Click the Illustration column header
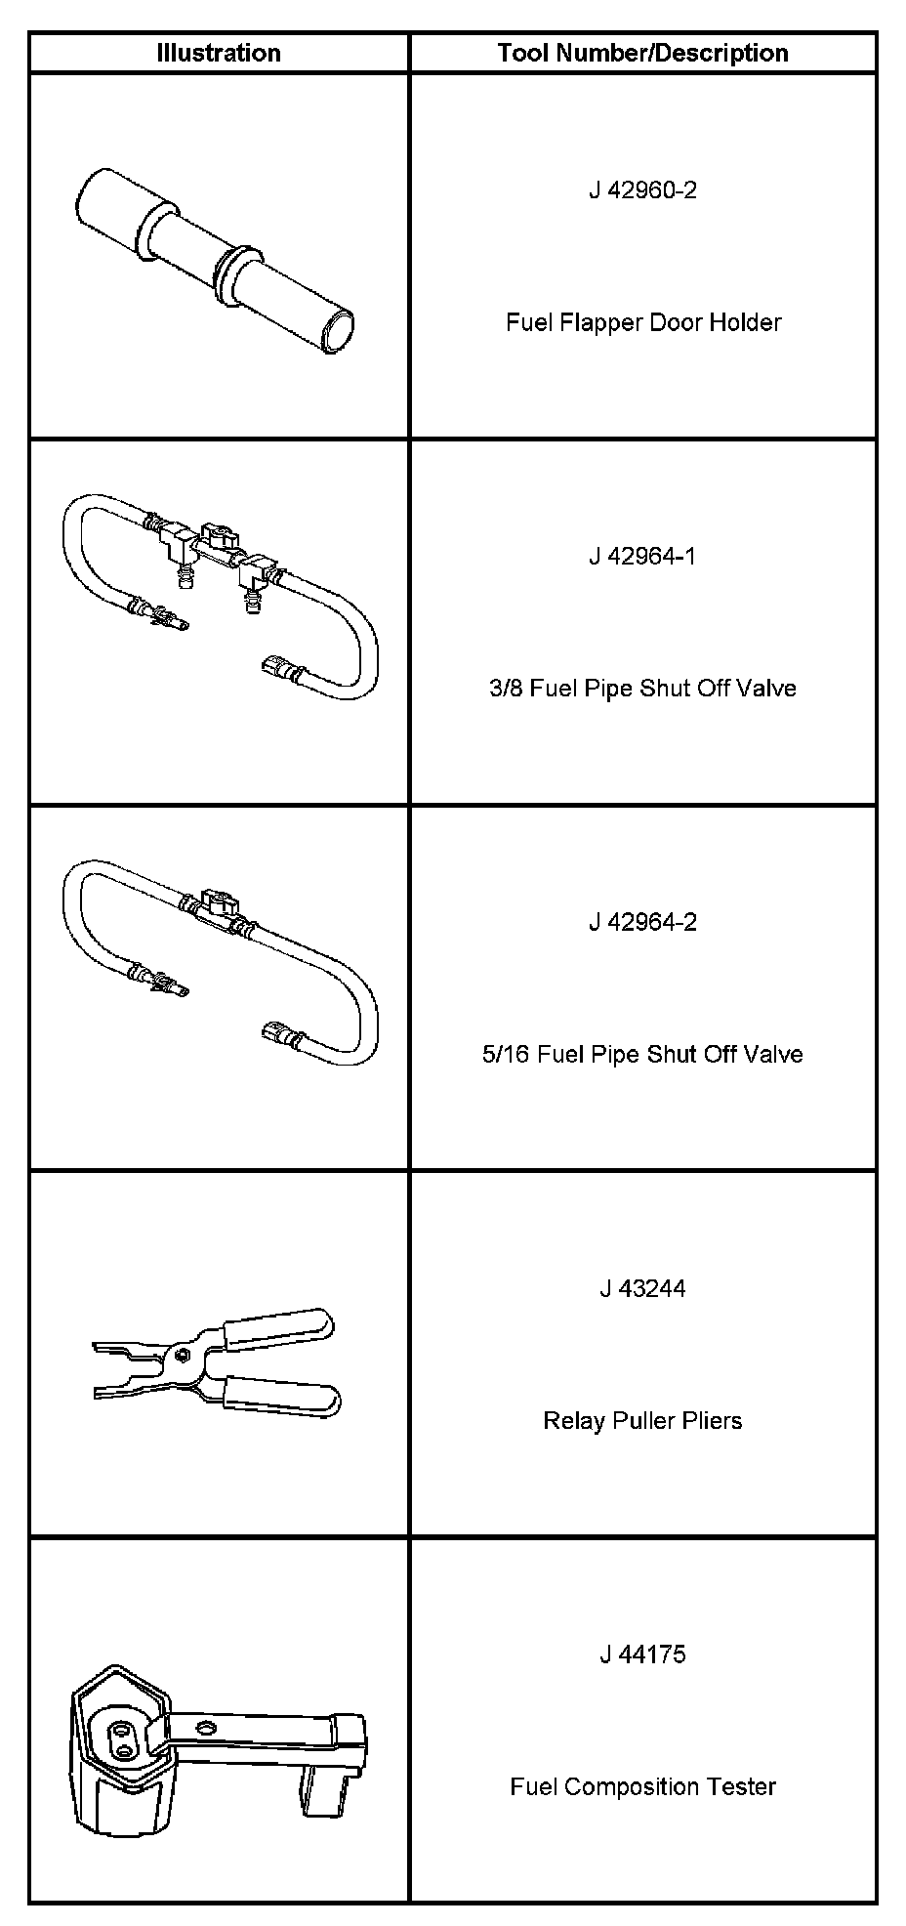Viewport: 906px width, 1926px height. tap(219, 53)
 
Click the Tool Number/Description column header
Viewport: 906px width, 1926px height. tap(642, 53)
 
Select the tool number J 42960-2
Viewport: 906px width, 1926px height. tap(642, 189)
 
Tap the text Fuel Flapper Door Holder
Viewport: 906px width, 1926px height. tap(642, 322)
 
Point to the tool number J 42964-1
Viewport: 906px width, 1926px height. tap(642, 556)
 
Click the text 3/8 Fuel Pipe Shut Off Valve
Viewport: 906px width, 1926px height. tap(642, 689)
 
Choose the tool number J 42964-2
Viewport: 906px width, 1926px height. tap(642, 922)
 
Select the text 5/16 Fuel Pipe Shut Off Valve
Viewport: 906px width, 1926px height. tap(642, 1055)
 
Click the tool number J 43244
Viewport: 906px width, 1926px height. tap(642, 1288)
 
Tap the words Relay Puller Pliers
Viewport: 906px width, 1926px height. tap(642, 1420)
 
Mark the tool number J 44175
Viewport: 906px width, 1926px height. tap(642, 1654)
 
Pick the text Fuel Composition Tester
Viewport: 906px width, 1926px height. tap(642, 1787)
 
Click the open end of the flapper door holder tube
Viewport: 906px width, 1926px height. tap(339, 328)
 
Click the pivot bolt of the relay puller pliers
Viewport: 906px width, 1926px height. tap(183, 1354)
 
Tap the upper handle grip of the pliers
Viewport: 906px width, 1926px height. tap(278, 1324)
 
